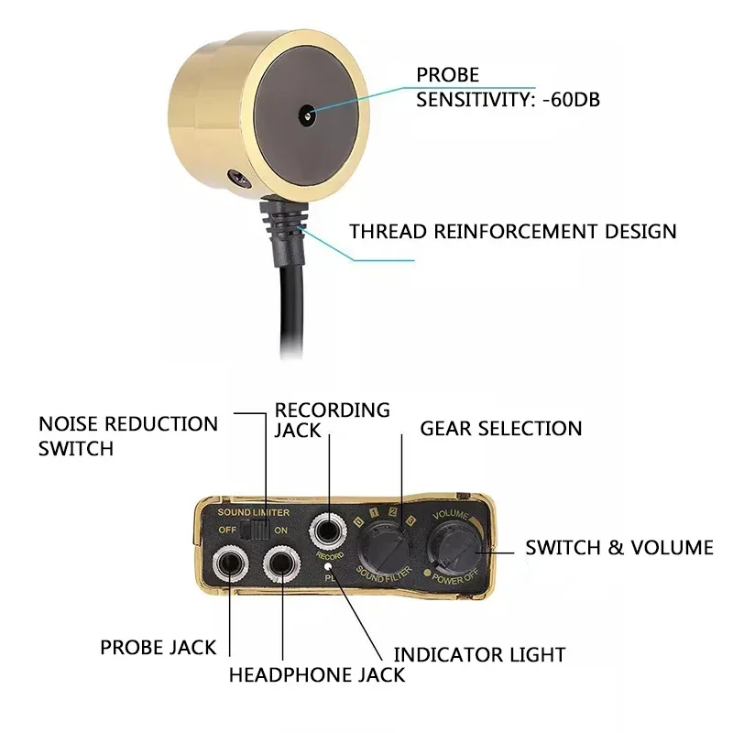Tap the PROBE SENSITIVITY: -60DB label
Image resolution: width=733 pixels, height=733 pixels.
509,87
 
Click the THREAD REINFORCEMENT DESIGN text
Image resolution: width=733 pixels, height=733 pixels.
513,230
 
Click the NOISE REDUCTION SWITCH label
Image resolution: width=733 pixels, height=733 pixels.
128,436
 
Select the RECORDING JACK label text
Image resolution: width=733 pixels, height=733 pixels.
333,420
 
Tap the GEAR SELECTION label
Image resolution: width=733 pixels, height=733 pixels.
500,428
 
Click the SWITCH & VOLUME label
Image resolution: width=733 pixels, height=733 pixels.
618,547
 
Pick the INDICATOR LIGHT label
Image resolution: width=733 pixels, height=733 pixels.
479,654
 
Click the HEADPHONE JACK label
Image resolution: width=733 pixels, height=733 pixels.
316,675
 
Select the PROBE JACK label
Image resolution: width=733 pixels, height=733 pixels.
159,648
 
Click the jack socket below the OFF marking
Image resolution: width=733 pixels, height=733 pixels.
226,562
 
